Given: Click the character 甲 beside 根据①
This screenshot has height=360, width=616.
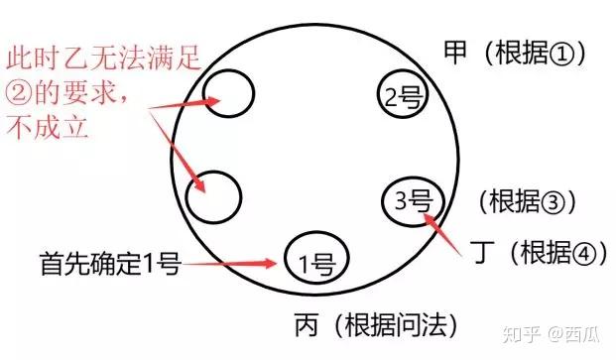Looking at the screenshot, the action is coord(455,53).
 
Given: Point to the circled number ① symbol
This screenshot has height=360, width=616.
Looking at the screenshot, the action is coord(561,53).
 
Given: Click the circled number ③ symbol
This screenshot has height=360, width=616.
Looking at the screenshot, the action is coord(554,202).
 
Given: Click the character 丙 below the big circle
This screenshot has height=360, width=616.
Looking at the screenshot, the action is coord(307,324).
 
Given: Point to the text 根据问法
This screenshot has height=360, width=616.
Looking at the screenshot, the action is coord(396,325).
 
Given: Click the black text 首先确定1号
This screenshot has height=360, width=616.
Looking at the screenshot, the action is coord(110,263).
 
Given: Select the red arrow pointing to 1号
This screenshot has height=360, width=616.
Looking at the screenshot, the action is coord(229,264).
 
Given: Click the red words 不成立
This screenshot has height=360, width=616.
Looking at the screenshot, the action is coord(47,127).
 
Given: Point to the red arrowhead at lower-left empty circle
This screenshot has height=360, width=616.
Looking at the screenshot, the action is coord(200,184).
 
